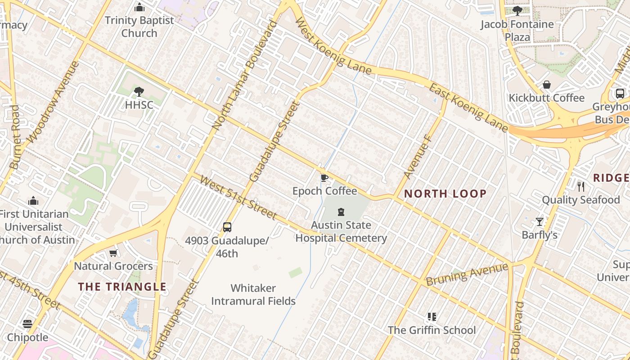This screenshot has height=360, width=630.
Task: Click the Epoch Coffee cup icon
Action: pyautogui.click(x=324, y=178)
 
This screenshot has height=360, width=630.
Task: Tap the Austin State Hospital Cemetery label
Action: pyautogui.click(x=341, y=232)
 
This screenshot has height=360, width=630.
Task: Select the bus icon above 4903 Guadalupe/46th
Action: pyautogui.click(x=227, y=227)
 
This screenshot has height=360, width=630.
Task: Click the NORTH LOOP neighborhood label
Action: pyautogui.click(x=445, y=194)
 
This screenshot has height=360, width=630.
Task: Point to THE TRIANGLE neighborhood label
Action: pyautogui.click(x=122, y=287)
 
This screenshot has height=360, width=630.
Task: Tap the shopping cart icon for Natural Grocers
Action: pyautogui.click(x=113, y=253)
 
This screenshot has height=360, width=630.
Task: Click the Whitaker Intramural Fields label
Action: pyautogui.click(x=253, y=294)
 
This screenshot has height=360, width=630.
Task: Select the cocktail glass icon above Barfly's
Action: pyautogui.click(x=540, y=221)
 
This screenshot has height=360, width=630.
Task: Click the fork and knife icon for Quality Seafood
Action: pyautogui.click(x=581, y=186)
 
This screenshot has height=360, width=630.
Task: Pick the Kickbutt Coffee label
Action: pyautogui.click(x=546, y=98)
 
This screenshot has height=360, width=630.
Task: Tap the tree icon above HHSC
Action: pyautogui.click(x=139, y=92)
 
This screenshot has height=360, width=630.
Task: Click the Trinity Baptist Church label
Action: pyautogui.click(x=139, y=27)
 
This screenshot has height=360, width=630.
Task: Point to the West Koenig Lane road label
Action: pyautogui.click(x=333, y=46)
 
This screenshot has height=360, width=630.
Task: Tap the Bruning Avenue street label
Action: pyautogui.click(x=467, y=275)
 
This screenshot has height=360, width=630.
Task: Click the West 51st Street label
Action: pyautogui.click(x=237, y=198)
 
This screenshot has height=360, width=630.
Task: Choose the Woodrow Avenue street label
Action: pyautogui.click(x=53, y=103)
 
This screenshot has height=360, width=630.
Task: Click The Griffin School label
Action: pyautogui.click(x=432, y=330)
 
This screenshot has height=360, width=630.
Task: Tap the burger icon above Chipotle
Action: pyautogui.click(x=27, y=324)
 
